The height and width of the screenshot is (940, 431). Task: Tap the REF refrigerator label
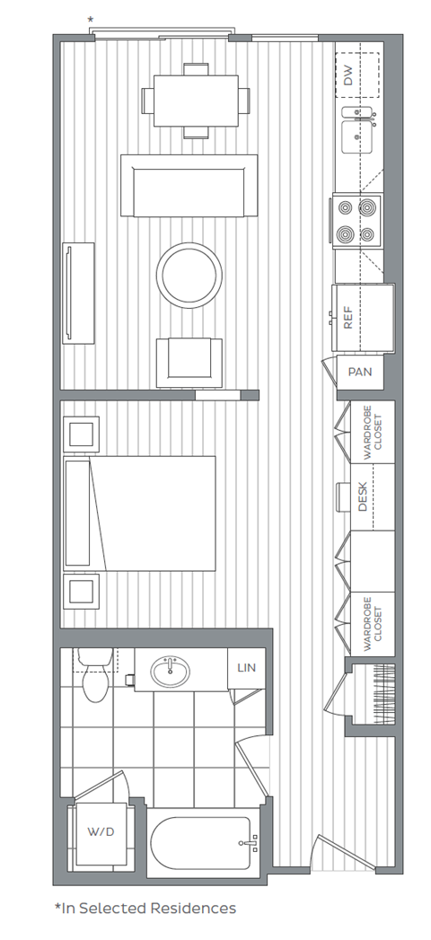pyautogui.click(x=348, y=318)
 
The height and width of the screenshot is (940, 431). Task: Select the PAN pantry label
pyautogui.click(x=360, y=371)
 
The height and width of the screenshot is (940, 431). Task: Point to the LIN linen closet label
pyautogui.click(x=247, y=668)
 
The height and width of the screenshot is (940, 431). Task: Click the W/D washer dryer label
pyautogui.click(x=101, y=832)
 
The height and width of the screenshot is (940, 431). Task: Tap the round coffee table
pyautogui.click(x=189, y=275)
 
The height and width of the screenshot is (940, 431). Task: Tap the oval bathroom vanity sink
pyautogui.click(x=170, y=672)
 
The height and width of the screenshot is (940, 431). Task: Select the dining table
pyautogui.click(x=196, y=100)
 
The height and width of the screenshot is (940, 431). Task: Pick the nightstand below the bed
pyautogui.click(x=82, y=592)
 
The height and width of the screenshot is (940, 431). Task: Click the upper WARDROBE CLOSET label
pyautogui.click(x=372, y=435)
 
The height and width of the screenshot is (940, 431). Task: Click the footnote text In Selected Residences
pyautogui.click(x=145, y=908)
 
